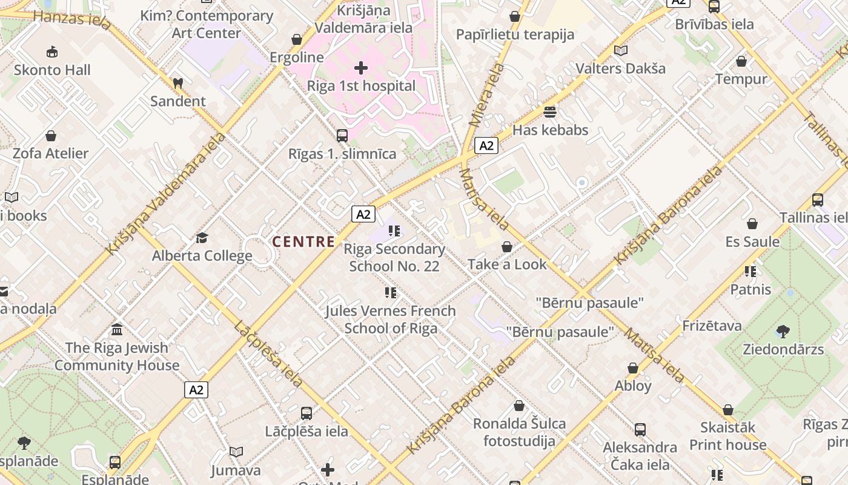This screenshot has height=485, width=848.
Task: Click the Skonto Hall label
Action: (x=52, y=70)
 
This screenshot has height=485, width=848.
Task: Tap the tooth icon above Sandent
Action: (x=177, y=83)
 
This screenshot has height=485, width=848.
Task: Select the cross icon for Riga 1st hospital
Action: (x=361, y=67)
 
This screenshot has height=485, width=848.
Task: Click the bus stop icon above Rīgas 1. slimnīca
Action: (x=342, y=135)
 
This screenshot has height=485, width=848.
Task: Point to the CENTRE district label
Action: (x=303, y=242)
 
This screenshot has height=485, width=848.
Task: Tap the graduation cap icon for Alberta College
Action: (x=202, y=238)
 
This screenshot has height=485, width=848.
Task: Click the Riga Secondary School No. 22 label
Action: (x=394, y=258)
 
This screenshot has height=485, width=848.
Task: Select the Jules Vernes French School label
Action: (x=391, y=319)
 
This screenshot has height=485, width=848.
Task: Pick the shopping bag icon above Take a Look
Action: (x=507, y=247)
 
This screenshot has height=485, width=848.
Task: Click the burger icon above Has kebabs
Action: (x=550, y=112)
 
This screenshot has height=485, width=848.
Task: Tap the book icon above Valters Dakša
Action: (x=620, y=50)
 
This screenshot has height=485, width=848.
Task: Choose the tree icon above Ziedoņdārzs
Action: (x=783, y=331)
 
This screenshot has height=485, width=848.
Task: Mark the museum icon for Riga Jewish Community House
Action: (x=117, y=330)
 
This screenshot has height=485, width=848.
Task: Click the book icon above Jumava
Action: (x=236, y=452)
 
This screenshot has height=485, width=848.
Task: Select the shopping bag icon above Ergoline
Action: (x=297, y=39)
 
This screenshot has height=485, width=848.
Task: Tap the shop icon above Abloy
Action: (x=633, y=368)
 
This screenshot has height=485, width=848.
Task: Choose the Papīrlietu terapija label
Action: (x=515, y=35)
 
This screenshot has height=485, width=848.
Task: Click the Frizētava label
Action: (x=712, y=326)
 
